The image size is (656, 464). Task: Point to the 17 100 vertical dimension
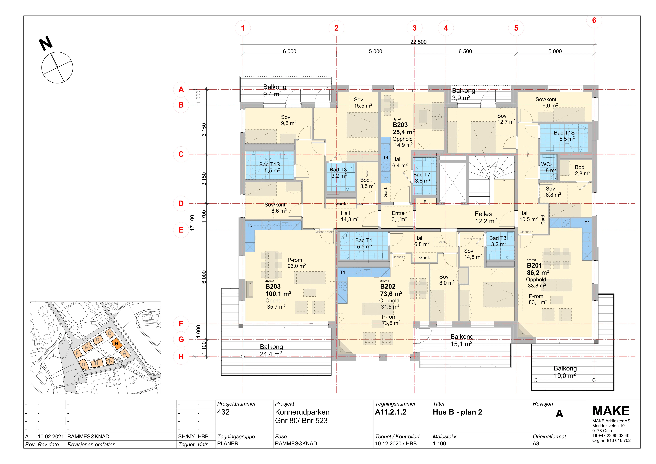pyautogui.click(x=192, y=223)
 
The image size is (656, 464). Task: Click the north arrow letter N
pyautogui.click(x=46, y=43)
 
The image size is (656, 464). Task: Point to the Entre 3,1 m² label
pyautogui.click(x=399, y=216)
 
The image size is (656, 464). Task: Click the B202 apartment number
pyautogui.click(x=388, y=286)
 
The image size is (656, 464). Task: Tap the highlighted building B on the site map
pyautogui.click(x=116, y=343)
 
